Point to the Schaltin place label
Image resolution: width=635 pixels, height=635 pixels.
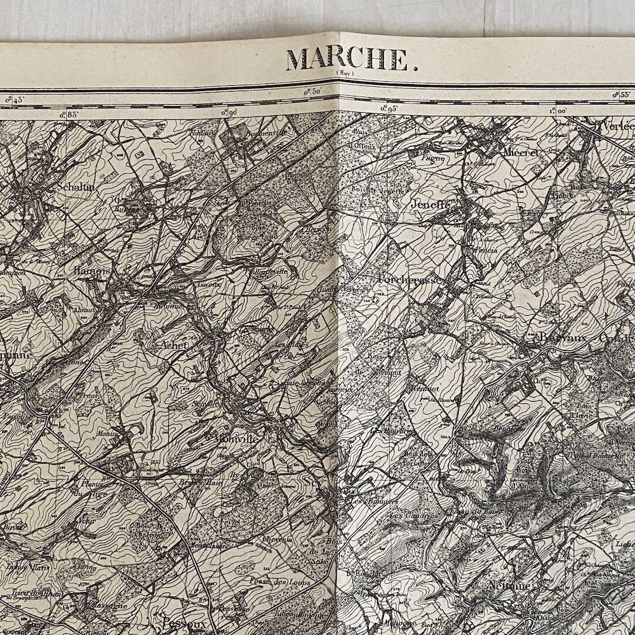[x=76, y=186]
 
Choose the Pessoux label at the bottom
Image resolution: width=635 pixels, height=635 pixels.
[x=184, y=621]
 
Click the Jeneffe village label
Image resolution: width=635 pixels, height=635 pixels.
[x=431, y=206]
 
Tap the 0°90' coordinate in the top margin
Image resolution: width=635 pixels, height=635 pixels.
[x=229, y=112]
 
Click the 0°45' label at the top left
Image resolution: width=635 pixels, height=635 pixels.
[x=14, y=100]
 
